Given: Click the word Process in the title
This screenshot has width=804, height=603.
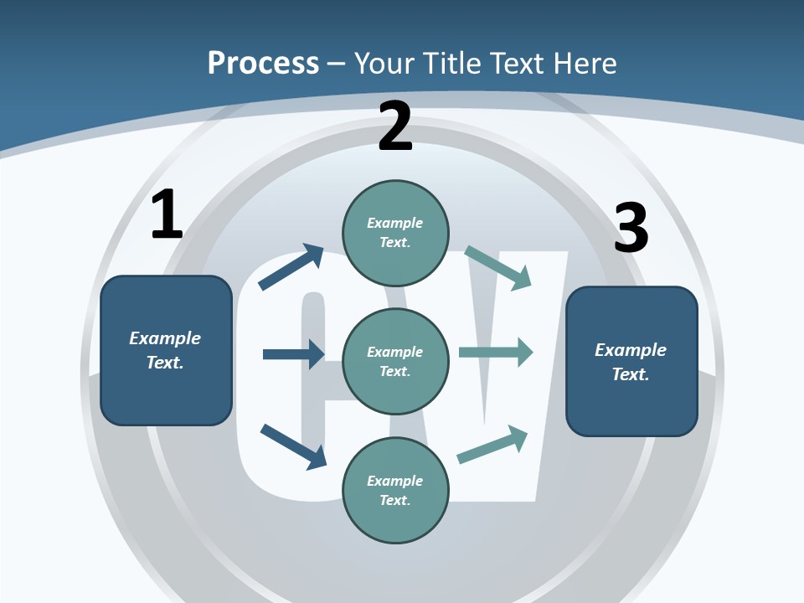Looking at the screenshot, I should coord(263,63).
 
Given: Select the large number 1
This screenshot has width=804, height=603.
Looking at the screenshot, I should coord(167,215).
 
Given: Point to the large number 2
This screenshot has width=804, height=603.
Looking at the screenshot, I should coord(395,127).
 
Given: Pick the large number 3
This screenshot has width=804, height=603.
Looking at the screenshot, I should coord(631,229).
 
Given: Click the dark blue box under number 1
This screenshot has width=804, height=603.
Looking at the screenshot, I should coord(166,350).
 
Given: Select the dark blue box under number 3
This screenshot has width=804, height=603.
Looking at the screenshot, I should coord(631,362).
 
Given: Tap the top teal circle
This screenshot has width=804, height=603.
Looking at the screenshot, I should coord(395,233).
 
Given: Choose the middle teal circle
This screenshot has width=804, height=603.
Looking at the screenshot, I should coord(395,362).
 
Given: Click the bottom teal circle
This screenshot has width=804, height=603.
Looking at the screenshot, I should coord(395,491).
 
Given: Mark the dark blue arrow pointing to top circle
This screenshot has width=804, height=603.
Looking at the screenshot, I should coord(291,266).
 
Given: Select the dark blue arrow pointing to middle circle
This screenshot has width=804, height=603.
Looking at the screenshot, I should coord(293,354).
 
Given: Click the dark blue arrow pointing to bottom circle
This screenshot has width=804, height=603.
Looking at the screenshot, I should coord(293,446).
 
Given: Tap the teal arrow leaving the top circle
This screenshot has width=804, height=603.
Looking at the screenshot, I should coord(498,267).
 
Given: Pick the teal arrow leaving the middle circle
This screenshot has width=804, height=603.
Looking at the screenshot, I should coord(496,353).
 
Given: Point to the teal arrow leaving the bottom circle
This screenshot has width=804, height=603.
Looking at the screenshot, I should coord(492,445).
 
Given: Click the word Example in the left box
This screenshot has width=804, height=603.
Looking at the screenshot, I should coord(165,338).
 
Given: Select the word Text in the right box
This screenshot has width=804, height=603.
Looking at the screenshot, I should coord(630,374).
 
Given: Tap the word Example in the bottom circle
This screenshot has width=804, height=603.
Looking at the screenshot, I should coord(395,481).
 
